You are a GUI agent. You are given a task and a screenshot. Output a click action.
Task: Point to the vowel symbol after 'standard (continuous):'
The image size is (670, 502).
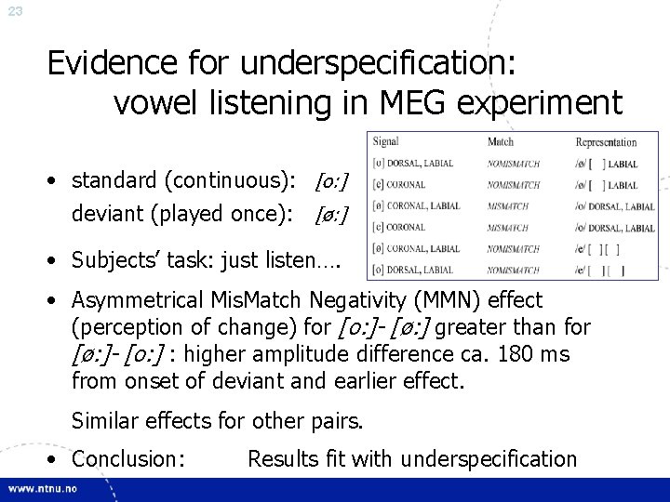[332, 178]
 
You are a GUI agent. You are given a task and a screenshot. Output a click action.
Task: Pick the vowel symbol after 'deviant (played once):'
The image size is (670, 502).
[332, 216]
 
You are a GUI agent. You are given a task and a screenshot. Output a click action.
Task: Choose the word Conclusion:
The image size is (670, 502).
[127, 458]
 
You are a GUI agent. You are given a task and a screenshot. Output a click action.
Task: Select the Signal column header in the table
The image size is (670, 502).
[385, 141]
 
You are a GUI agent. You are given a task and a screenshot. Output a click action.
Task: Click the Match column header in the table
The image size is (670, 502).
[500, 141]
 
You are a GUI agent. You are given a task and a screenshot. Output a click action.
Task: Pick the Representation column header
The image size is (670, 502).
[606, 142]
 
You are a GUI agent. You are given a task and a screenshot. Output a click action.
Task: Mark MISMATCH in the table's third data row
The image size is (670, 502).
[507, 205]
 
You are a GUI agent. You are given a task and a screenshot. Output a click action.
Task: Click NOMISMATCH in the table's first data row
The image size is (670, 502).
[512, 163]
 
